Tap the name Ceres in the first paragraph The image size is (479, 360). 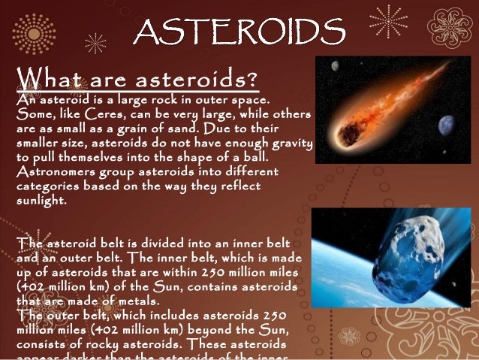pos(107,113)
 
